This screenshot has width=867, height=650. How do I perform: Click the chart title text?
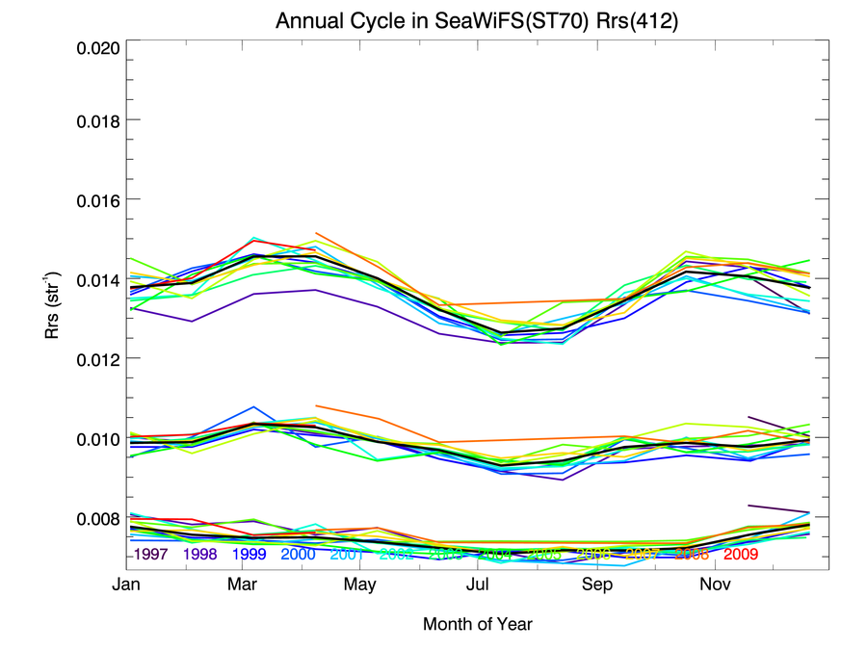click(x=477, y=21)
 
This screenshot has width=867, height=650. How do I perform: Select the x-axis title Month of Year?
click(x=477, y=624)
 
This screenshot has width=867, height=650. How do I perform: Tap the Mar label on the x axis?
click(x=242, y=585)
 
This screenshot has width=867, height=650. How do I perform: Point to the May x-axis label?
click(x=359, y=585)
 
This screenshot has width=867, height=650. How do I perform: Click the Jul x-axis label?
click(x=478, y=585)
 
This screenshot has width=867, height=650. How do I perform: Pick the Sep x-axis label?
click(x=596, y=585)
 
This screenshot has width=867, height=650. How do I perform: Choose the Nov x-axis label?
click(x=714, y=585)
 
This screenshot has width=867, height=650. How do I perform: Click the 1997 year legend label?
click(x=151, y=555)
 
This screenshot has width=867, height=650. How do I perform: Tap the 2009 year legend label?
click(x=740, y=555)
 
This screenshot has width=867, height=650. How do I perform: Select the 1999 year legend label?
click(x=250, y=555)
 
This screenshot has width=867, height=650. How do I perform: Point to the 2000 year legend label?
click(x=299, y=555)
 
